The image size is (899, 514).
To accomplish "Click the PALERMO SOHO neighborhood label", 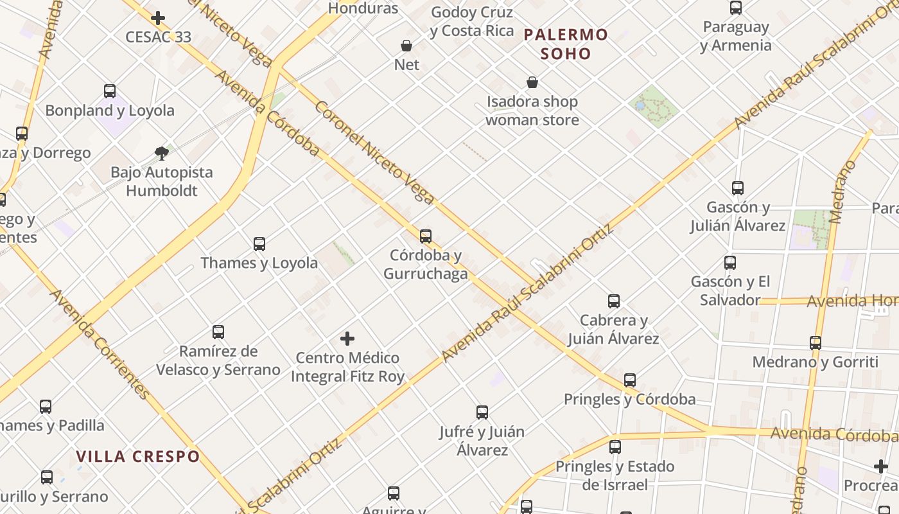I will [x=565, y=44].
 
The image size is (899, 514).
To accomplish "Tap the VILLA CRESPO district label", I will [x=138, y=457].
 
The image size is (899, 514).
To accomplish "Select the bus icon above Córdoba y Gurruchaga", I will [x=425, y=236].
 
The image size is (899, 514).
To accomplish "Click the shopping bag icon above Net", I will [x=406, y=46].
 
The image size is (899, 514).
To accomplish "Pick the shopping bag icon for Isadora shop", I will [x=532, y=82].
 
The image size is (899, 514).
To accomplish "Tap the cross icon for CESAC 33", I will [x=158, y=18].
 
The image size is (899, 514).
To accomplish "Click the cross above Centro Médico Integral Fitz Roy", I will [x=347, y=338].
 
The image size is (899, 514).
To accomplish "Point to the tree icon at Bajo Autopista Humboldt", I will [x=162, y=153].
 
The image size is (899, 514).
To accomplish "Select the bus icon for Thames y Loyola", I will [x=259, y=244].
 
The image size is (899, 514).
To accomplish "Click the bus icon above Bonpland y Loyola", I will [x=110, y=91].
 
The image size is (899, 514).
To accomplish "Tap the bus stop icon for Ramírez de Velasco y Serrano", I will [x=218, y=332].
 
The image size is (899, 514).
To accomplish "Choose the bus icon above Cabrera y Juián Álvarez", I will [x=614, y=301].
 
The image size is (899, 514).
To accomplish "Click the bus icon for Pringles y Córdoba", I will [x=630, y=380].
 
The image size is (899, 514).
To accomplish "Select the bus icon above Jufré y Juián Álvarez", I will [x=482, y=412].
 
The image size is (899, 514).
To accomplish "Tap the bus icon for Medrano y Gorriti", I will [x=816, y=343].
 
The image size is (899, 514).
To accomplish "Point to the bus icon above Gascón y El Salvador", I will [x=730, y=262].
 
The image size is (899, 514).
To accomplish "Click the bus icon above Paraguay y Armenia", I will [x=736, y=8].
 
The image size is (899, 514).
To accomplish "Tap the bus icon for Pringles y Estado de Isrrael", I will [x=615, y=447].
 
